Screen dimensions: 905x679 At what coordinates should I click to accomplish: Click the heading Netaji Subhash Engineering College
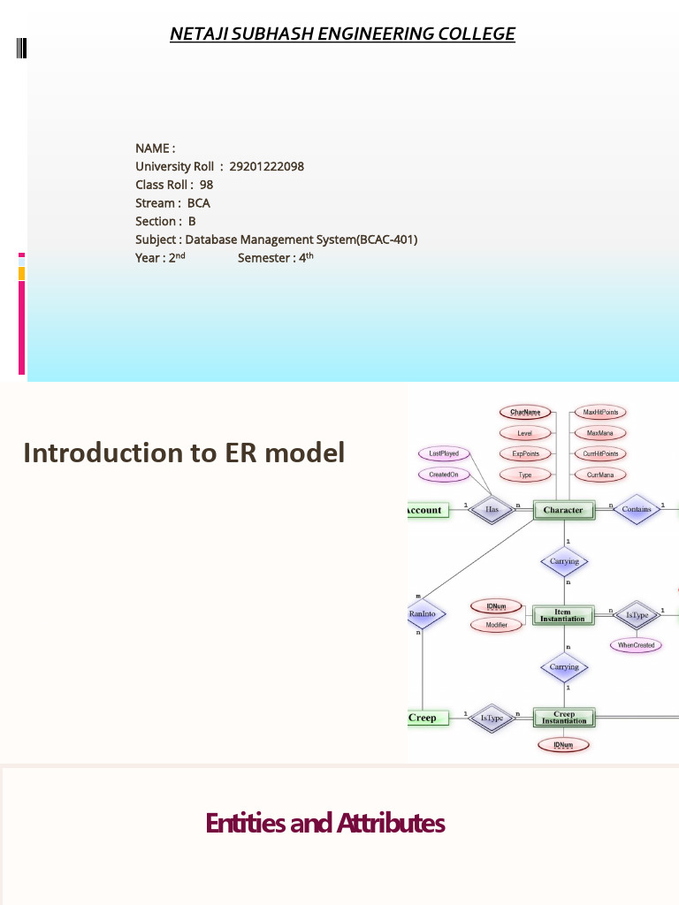(342, 34)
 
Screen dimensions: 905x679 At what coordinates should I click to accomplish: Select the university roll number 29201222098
(266, 166)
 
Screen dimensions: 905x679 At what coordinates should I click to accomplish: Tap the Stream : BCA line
(172, 203)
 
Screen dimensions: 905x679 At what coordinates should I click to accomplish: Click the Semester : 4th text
(276, 258)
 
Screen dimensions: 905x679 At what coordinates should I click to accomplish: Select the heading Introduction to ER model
(184, 452)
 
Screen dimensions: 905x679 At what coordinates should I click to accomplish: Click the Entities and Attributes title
(324, 823)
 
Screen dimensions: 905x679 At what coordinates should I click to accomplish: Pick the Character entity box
(563, 510)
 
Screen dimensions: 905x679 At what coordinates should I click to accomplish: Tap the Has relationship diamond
(492, 510)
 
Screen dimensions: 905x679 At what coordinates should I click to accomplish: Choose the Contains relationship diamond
(637, 510)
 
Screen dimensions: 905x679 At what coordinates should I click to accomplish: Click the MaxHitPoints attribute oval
(600, 412)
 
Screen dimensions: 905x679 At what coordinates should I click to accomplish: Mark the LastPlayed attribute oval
(444, 453)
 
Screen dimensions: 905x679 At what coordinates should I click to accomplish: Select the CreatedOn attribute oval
(444, 475)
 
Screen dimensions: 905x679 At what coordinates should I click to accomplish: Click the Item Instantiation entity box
(563, 615)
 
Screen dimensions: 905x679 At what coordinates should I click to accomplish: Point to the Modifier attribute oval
(496, 625)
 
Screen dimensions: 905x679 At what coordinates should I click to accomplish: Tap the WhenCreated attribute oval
(636, 645)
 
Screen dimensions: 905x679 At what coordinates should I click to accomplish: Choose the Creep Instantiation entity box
(564, 718)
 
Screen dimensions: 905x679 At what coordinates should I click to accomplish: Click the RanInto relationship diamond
(423, 613)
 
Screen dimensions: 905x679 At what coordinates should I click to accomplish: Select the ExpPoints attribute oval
(525, 454)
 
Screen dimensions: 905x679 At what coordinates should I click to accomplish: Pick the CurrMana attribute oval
(600, 475)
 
